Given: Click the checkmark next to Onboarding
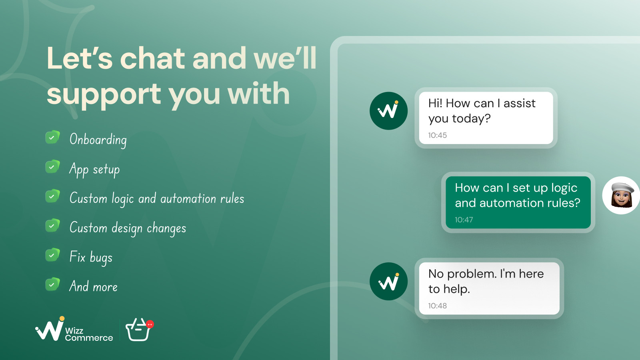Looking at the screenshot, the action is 52,138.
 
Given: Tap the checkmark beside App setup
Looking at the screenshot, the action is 52,167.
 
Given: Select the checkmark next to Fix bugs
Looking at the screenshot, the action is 52,255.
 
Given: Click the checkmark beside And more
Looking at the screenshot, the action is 52,284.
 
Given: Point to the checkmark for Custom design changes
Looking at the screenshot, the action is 52,226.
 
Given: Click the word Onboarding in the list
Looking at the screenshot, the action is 98,140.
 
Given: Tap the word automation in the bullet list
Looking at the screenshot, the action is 188,198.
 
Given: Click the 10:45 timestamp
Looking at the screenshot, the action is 438,135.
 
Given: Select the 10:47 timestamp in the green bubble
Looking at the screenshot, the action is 464,220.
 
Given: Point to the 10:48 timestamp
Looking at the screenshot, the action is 438,306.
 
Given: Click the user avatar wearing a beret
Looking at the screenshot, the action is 621,196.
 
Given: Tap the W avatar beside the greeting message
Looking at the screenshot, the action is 388,111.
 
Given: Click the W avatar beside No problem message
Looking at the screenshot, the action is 388,282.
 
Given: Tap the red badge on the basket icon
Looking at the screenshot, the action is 150,324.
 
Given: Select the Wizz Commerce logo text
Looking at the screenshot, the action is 89,334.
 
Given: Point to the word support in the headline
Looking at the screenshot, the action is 104,94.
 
